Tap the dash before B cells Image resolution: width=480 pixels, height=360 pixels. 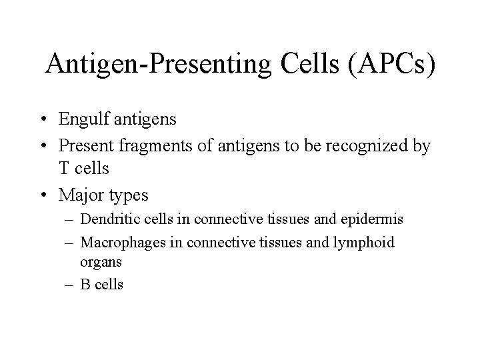coord(72,285)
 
